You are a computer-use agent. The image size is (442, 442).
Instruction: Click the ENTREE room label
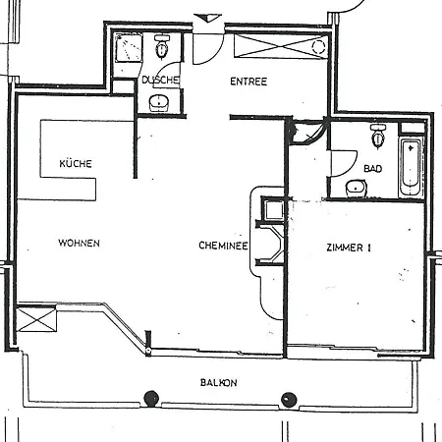(x=249, y=82)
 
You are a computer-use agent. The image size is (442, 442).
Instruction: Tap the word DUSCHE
(x=159, y=80)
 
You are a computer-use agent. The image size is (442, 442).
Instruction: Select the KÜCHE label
(x=76, y=164)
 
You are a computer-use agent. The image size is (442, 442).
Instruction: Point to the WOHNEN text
(x=78, y=243)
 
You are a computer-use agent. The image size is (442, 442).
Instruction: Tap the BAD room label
(x=372, y=168)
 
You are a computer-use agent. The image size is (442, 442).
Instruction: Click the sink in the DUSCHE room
(x=160, y=102)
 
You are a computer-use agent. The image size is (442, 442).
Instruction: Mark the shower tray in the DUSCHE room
(x=126, y=50)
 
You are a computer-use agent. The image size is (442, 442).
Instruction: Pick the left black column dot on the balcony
(x=150, y=398)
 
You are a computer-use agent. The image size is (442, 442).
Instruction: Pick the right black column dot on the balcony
(x=289, y=398)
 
